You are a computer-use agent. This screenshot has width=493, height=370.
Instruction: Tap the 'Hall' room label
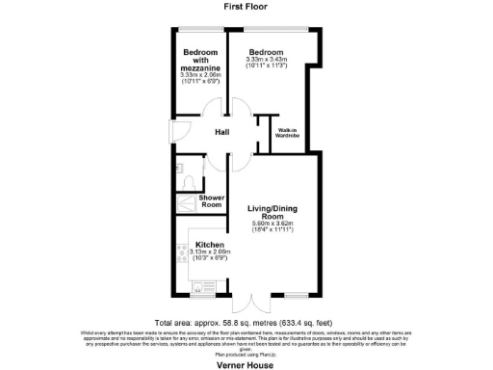click(x=221, y=132)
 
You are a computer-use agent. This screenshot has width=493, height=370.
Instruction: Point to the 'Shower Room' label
click(x=212, y=201)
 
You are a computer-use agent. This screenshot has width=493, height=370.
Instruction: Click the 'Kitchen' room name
click(x=210, y=245)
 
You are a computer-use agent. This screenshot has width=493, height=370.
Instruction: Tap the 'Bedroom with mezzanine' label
click(x=201, y=61)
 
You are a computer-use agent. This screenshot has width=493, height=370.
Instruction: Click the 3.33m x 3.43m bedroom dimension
click(x=266, y=61)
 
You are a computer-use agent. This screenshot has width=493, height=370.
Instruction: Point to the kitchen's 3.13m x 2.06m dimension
click(x=210, y=253)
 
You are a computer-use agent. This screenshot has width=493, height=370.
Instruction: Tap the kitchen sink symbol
click(x=203, y=284)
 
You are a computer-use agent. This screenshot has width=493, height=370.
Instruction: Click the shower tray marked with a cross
click(x=184, y=202)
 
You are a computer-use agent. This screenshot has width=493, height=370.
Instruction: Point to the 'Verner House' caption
click(x=246, y=361)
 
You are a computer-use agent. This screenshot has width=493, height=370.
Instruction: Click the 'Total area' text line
click(x=246, y=323)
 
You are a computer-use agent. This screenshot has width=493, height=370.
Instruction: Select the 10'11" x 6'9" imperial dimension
click(x=201, y=81)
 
